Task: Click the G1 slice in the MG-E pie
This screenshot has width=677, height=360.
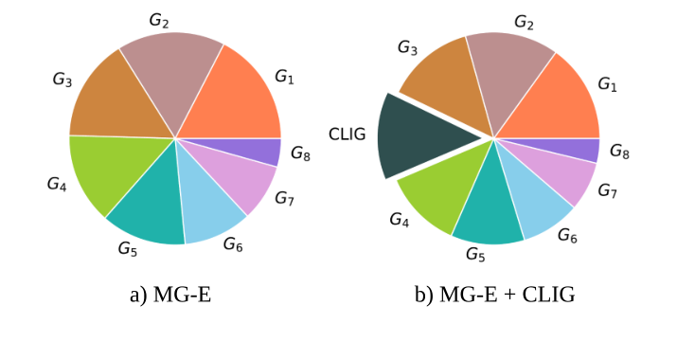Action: click(237, 99)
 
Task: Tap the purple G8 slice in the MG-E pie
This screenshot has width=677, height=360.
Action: click(267, 152)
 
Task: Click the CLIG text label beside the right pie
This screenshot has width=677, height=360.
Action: click(347, 134)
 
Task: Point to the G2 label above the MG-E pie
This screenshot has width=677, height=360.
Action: click(158, 19)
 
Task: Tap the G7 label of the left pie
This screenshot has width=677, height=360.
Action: click(284, 198)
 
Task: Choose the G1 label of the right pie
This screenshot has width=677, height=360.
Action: click(607, 85)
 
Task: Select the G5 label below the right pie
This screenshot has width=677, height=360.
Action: click(475, 254)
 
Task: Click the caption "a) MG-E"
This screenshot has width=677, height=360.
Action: click(170, 295)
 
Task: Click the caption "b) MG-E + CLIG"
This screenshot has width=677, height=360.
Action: click(495, 295)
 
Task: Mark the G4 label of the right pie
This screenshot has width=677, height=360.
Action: click(401, 219)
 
